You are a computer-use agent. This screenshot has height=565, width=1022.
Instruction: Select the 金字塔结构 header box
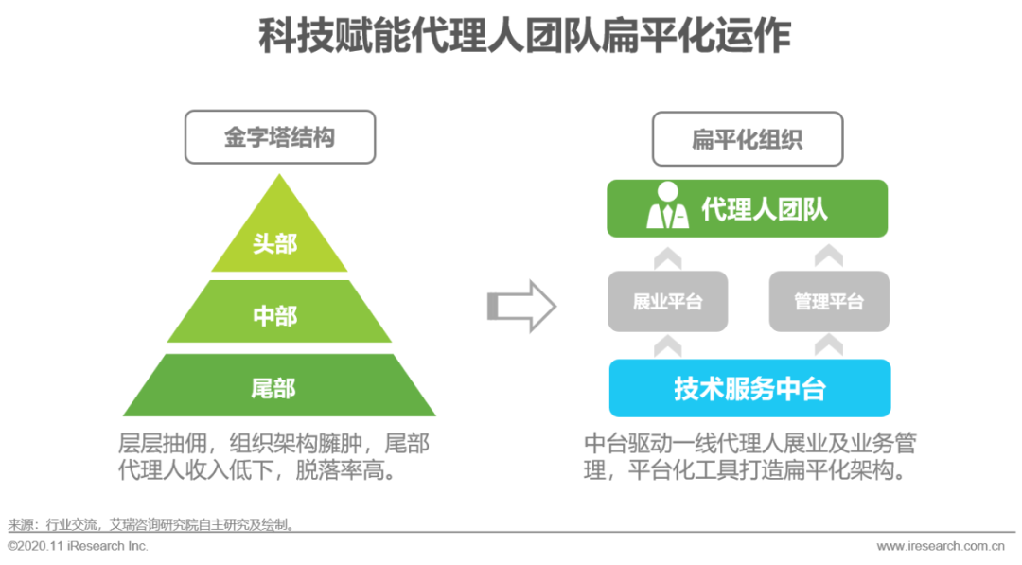coord(280,137)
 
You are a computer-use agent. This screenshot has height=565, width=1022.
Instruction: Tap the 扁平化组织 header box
coord(747,140)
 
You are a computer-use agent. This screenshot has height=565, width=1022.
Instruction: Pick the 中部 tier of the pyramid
coord(275,315)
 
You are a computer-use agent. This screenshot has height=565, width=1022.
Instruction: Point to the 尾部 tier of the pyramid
coord(275,387)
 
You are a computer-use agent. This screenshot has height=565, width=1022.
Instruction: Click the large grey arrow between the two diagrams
coord(521,306)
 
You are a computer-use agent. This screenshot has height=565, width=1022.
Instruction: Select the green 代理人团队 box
coord(748,209)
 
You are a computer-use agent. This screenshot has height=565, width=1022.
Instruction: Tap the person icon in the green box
coord(667,207)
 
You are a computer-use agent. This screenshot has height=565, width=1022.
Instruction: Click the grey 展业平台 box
coord(668,302)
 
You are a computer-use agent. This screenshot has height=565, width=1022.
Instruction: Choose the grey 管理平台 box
coord(829,302)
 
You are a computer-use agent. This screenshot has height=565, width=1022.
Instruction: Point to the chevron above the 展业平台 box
coord(668,256)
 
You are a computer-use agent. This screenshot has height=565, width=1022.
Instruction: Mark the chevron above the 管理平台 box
coord(829,256)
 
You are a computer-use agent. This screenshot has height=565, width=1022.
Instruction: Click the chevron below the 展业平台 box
coord(668,345)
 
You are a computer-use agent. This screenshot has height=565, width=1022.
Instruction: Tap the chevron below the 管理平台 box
coord(829,345)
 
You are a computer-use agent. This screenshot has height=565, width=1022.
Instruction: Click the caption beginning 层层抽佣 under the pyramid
coord(273,457)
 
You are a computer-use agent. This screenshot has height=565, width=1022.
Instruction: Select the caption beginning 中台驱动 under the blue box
coord(749,457)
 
